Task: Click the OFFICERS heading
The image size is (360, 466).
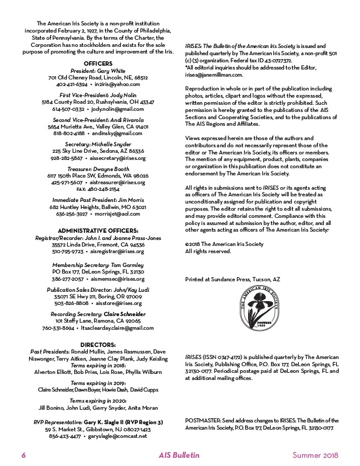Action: [98, 63]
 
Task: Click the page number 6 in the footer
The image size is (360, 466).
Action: [24, 455]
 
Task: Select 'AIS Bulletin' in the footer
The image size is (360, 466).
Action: [179, 455]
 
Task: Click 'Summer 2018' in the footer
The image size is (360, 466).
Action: [315, 455]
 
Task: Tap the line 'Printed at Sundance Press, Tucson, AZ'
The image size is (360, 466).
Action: [233, 280]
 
